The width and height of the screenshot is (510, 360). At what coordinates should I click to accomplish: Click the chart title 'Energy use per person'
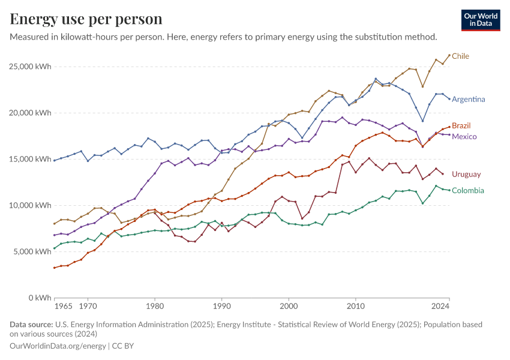[x=86, y=19]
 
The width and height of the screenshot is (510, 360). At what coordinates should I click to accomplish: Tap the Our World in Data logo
[x=481, y=20]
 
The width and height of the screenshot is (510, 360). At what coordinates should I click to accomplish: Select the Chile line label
[x=460, y=56]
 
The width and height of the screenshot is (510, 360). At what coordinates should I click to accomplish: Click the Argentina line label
[x=469, y=99]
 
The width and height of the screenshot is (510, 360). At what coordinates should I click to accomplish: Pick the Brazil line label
[x=461, y=125]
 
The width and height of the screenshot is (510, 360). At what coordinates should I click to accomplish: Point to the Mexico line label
[x=464, y=137]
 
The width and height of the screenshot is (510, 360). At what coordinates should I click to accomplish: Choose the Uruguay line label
[x=466, y=174]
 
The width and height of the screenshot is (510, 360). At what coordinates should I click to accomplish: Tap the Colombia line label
[x=468, y=191]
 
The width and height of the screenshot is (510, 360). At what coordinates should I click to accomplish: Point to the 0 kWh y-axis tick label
[x=40, y=298]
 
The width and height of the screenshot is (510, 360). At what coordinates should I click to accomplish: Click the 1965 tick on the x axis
[x=63, y=307]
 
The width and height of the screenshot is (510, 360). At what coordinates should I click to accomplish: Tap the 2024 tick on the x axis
[x=441, y=307]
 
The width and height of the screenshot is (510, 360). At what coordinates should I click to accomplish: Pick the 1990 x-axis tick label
[x=221, y=307]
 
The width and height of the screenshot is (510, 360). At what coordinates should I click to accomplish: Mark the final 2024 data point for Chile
[x=449, y=55]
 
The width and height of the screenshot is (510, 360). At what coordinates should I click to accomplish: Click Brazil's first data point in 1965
[x=55, y=268]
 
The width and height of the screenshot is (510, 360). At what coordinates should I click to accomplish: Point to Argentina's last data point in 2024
[x=449, y=99]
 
